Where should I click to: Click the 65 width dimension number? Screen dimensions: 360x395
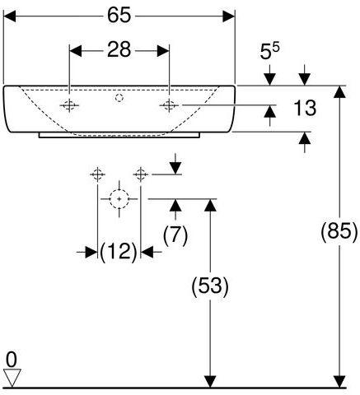pos(119,16)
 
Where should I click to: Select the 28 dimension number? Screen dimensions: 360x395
pos(119,49)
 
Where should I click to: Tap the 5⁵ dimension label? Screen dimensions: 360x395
pos(269,51)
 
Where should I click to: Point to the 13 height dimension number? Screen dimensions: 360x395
pos(305,108)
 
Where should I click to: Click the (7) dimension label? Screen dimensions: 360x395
pos(175,235)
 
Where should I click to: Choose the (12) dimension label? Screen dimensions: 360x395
pos(119,252)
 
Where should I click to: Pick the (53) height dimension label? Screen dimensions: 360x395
pos(210,286)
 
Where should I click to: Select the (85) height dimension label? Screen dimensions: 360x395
pos(339,232)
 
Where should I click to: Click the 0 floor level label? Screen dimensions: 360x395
pos(12,360)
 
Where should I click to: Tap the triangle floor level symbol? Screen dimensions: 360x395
pos(12,378)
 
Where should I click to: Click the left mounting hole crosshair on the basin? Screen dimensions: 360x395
pos(69,105)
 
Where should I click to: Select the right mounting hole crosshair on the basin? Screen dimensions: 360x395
pos(169,105)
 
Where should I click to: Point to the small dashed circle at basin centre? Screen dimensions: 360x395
pos(119,98)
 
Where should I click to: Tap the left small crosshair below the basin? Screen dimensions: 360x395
pos(97,174)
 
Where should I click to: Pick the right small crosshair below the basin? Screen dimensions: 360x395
pos(140,174)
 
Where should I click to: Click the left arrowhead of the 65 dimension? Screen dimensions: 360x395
pos(10,16)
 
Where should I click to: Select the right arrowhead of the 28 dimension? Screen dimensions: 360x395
pos(163,51)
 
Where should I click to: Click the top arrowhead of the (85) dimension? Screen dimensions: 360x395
pos(339,92)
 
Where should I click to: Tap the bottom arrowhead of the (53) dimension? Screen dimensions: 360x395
pos(210,382)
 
